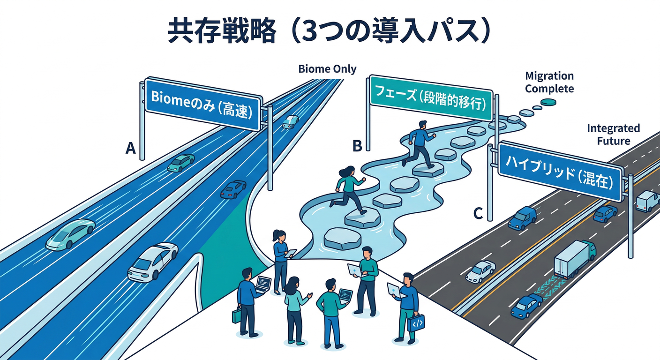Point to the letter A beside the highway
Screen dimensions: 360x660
coord(131,149)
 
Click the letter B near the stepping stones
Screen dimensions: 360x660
coord(357,147)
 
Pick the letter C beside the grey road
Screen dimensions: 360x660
coord(478,214)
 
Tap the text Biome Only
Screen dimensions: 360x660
coord(327,69)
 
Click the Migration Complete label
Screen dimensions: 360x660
coord(549,82)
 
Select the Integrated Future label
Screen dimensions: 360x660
coord(613,134)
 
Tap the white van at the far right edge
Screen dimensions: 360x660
coord(647,201)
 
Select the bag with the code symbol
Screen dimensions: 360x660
coord(416,322)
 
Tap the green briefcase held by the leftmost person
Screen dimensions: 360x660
coord(236,315)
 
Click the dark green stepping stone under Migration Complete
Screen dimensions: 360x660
coord(547,102)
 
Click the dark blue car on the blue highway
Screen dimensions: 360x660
coord(233,189)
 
